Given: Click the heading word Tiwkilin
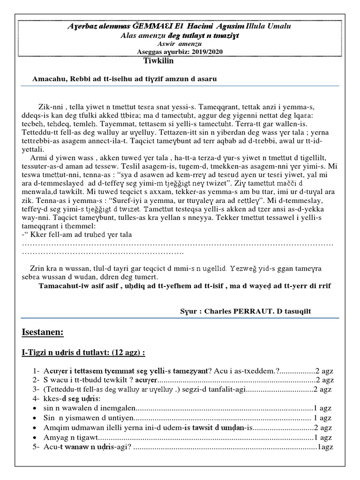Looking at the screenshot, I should (x=158, y=60).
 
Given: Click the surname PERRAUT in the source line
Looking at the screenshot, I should (x=254, y=311).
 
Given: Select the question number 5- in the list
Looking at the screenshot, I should (x=36, y=447).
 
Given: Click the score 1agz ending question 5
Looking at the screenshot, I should (x=326, y=447).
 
